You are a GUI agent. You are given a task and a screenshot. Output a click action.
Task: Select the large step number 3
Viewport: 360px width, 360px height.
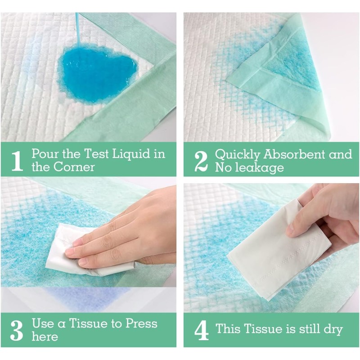tap(16, 330)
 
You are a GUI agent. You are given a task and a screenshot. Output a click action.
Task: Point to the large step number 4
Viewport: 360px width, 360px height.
tap(201, 330)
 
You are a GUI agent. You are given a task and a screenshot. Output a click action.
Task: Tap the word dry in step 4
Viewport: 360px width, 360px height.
tap(332, 328)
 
